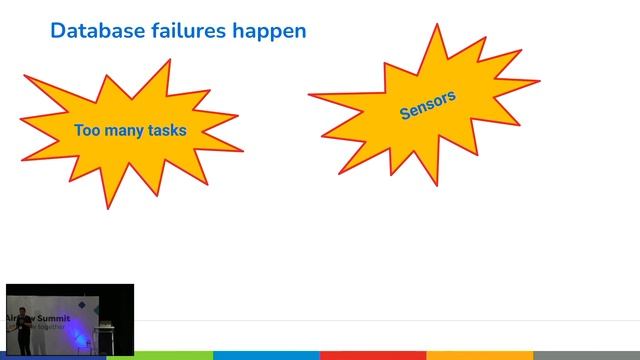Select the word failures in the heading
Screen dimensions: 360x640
pyautogui.click(x=185, y=31)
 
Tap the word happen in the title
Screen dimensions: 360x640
pyautogui.click(x=270, y=31)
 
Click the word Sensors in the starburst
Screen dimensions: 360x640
pyautogui.click(x=427, y=104)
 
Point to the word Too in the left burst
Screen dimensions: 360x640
pyautogui.click(x=86, y=130)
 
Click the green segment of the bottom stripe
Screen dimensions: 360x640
pyautogui.click(x=160, y=355)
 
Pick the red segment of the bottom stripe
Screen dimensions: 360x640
pyautogui.click(x=373, y=355)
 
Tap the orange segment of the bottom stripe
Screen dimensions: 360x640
pyautogui.click(x=479, y=355)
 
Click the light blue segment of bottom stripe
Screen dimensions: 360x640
pyautogui.click(x=266, y=355)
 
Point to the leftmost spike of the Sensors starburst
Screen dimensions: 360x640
pyautogui.click(x=310, y=96)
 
